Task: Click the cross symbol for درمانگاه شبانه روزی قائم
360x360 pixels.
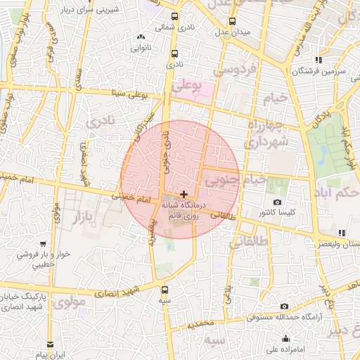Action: pos(184,193)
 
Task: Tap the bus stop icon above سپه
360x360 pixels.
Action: pos(165,290)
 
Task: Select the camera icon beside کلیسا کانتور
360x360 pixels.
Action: pos(277,202)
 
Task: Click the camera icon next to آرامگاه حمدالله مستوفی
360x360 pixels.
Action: pos(284,307)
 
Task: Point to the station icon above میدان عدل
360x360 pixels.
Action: pos(231,22)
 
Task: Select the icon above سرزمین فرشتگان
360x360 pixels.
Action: pos(319,60)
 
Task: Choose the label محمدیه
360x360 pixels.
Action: pos(195,326)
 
